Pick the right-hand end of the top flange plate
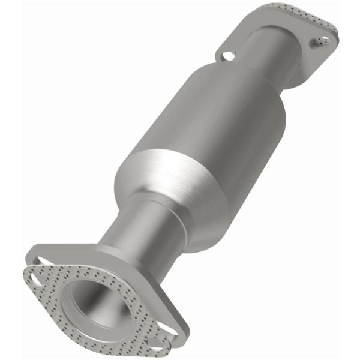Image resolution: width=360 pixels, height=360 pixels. [333, 36]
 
